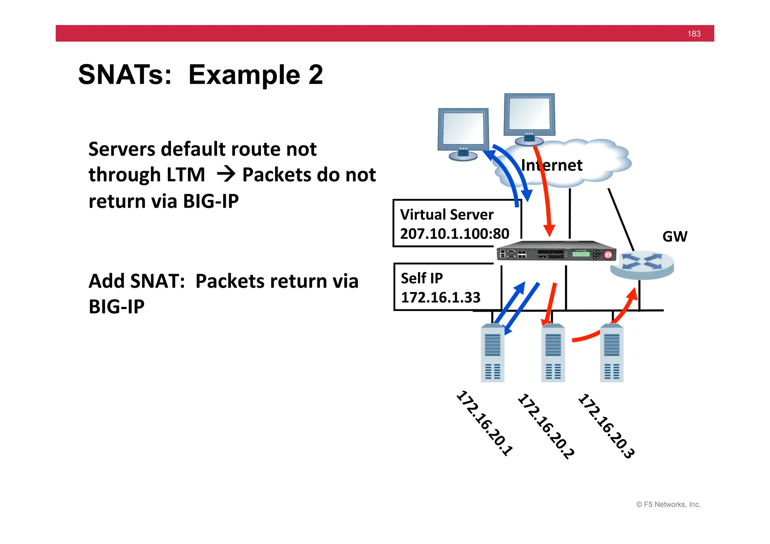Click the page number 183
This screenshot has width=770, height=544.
coord(694,34)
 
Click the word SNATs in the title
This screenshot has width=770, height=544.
coord(124,74)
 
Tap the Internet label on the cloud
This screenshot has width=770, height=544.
coord(552,165)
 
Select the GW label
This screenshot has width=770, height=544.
coord(675,236)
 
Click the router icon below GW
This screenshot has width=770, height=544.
coord(642,265)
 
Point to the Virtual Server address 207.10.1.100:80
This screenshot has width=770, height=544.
coord(454,234)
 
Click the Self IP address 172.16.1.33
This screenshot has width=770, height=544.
coord(440,297)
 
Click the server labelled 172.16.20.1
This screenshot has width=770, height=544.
coord(492,353)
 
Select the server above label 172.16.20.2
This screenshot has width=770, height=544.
coord(553,353)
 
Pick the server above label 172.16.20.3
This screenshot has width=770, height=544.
coord(611,353)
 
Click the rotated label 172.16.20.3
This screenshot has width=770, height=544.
coord(606,426)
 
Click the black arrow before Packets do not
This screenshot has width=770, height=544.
coord(226,174)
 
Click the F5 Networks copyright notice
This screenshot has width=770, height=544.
coord(668,505)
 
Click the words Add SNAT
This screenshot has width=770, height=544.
coord(136,281)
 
